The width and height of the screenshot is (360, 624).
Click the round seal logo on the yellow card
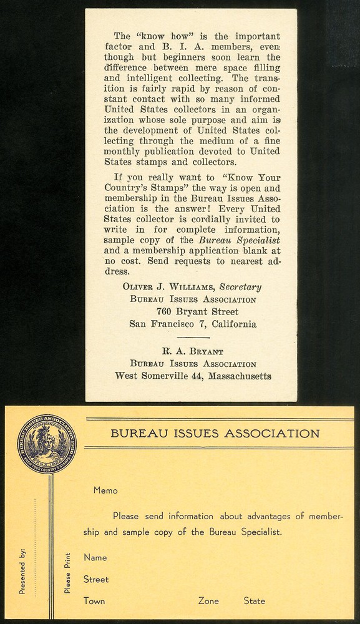[x=46, y=445]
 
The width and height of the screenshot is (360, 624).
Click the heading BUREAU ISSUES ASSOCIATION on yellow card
[x=215, y=434]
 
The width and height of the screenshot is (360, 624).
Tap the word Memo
[x=105, y=490]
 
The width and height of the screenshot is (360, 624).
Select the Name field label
[x=95, y=557]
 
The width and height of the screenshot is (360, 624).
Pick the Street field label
[x=96, y=579]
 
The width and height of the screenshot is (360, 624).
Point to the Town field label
[x=94, y=601]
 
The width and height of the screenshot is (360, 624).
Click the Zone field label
[x=208, y=601]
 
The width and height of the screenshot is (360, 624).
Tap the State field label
[x=255, y=601]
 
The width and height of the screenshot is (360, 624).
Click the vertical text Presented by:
[x=22, y=570]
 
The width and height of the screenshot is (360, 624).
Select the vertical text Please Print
[x=67, y=573]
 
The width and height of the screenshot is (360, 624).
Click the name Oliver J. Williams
[x=166, y=288]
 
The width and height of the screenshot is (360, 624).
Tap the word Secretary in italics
[x=240, y=288]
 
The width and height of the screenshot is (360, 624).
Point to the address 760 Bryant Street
[x=198, y=311]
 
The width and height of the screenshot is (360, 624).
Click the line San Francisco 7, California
[x=192, y=324]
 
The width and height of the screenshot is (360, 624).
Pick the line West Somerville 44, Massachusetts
[x=193, y=376]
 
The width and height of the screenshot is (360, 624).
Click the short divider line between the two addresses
[x=193, y=338]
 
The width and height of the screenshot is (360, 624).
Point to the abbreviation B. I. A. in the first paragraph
[x=176, y=47]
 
